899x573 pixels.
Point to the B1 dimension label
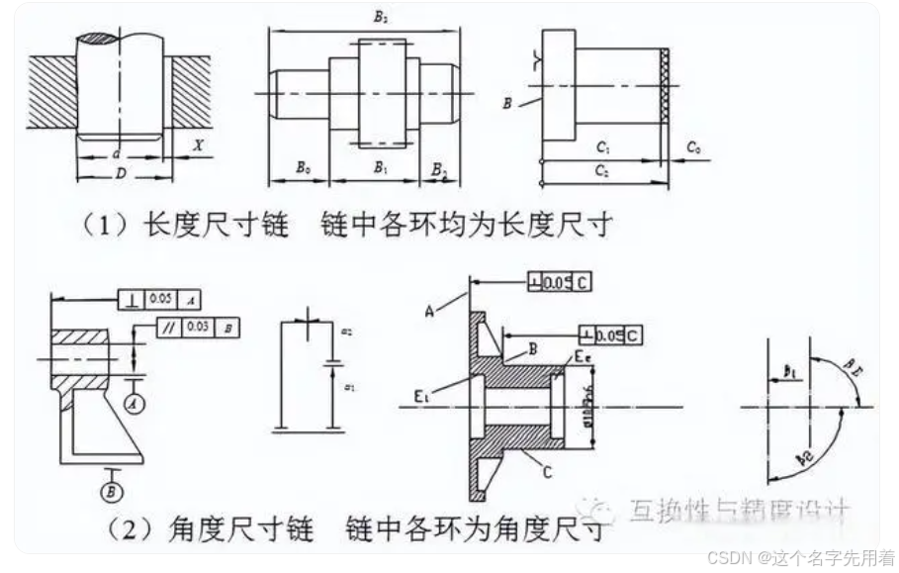(x=380, y=169)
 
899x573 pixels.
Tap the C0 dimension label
(x=694, y=148)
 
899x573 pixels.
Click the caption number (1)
(x=100, y=225)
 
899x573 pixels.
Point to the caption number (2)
(x=100, y=532)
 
